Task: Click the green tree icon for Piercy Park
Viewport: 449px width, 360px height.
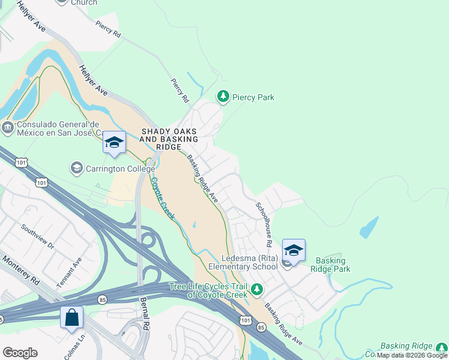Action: (223, 96)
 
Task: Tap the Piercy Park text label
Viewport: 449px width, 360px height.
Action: (253, 97)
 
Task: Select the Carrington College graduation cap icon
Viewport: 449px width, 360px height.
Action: (76, 168)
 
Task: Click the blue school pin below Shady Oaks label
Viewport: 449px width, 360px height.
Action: (114, 143)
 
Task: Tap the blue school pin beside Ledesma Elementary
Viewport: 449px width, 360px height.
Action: (294, 251)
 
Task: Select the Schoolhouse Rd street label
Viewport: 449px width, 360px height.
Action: (264, 222)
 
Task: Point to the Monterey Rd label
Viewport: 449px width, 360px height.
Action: (22, 272)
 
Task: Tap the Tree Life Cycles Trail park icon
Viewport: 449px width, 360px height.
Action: (257, 290)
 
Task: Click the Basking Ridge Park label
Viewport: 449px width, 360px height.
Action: (330, 265)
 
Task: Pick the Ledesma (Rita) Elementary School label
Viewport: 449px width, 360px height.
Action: (243, 262)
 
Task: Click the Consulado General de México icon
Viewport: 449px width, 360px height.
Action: (7, 127)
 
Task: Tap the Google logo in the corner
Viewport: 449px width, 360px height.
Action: (20, 353)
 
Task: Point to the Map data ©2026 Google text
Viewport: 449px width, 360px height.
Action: (412, 355)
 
